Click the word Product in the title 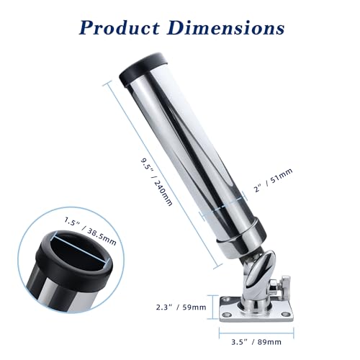[x=120, y=28]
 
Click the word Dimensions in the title [x=227, y=27]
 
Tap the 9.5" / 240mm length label [x=156, y=181]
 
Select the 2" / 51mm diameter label [x=273, y=180]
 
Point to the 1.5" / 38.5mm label [x=90, y=231]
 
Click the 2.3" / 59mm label [x=181, y=307]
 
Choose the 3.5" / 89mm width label [x=256, y=342]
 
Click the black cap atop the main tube [x=143, y=69]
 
